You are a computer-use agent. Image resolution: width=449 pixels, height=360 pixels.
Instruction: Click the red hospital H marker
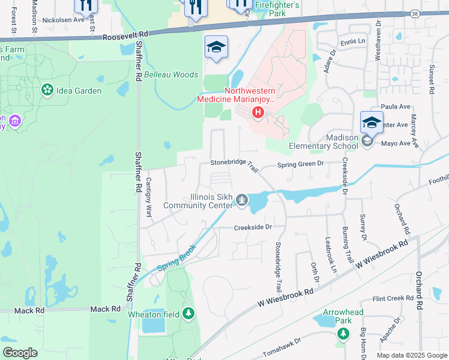258,112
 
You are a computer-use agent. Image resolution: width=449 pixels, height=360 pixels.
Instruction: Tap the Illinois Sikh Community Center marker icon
241,199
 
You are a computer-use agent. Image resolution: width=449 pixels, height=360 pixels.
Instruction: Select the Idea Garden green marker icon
46,90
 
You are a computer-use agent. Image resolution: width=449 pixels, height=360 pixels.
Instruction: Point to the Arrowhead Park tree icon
342,334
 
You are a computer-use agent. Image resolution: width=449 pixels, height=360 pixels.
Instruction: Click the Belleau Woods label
171,75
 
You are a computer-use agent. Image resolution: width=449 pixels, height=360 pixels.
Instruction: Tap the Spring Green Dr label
300,163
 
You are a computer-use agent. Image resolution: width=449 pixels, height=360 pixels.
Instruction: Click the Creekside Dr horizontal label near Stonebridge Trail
253,227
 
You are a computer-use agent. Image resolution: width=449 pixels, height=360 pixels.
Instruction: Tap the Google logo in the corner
20,353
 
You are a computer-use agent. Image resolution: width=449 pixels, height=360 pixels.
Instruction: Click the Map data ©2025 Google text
411,355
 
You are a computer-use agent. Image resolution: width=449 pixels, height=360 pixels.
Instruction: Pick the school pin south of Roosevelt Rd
216,47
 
